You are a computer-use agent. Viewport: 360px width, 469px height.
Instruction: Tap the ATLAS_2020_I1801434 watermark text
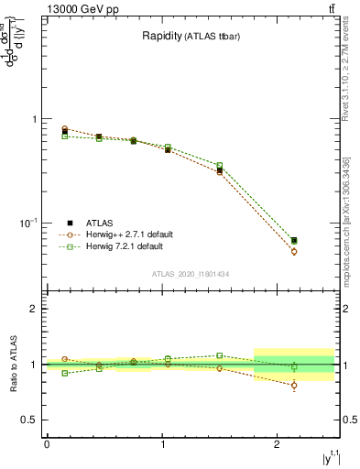point(190,274)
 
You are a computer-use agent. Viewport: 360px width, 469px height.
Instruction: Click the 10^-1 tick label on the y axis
point(25,224)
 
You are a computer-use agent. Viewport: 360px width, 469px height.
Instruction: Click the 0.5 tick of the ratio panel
point(27,420)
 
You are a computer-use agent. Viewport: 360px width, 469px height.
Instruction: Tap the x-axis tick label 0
point(47,444)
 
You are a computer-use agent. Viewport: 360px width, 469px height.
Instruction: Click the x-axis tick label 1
point(162,444)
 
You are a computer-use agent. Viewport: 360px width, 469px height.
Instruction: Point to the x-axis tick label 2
point(277,444)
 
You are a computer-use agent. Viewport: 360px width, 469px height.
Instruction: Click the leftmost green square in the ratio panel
point(64,373)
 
